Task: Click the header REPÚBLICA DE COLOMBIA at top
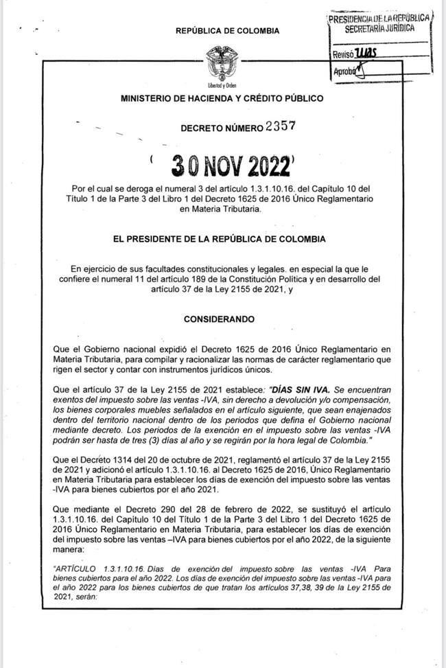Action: coord(228,31)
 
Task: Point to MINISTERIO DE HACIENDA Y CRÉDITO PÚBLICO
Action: coord(222,99)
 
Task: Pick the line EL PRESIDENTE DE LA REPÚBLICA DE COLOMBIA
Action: coord(222,239)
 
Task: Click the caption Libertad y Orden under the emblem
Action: coord(222,84)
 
